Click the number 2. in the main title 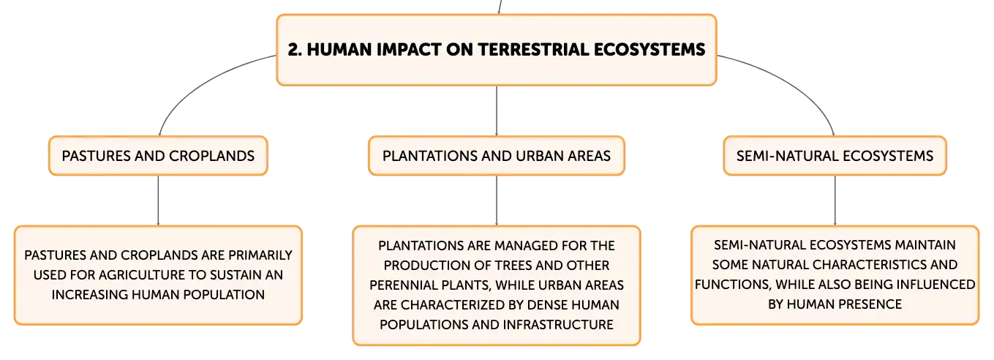295,49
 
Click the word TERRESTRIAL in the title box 532,49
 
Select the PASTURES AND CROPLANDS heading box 158,156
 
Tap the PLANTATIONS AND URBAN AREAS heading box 497,156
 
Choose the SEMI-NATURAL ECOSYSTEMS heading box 835,156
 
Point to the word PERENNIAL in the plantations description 401,285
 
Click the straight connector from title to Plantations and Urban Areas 497,111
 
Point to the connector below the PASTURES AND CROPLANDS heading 158,200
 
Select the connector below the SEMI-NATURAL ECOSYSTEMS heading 835,200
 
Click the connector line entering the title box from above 500,7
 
